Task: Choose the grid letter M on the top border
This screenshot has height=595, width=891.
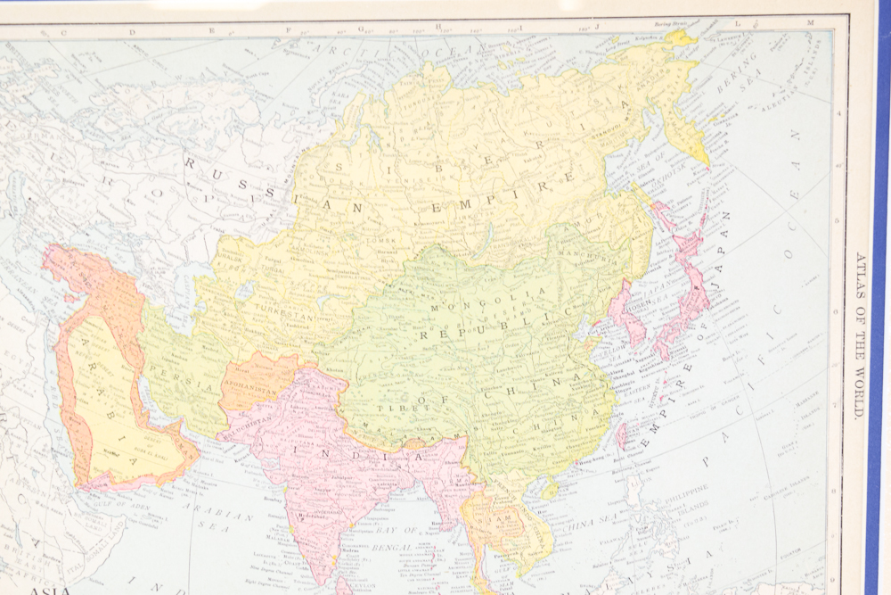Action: click(x=810, y=22)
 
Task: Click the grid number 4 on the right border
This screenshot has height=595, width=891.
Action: click(x=838, y=113)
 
